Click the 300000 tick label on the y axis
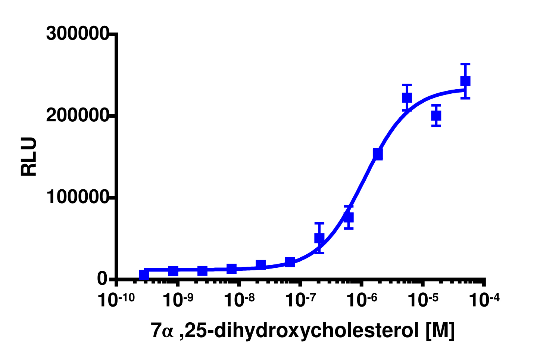click(x=77, y=34)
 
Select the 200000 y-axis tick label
click(x=77, y=116)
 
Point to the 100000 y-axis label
click(x=77, y=198)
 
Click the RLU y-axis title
click(x=29, y=156)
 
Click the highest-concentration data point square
click(x=465, y=81)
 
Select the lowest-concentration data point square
click(x=144, y=275)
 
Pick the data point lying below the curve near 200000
click(x=436, y=116)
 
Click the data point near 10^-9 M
click(x=173, y=271)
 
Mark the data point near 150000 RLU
click(x=378, y=154)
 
